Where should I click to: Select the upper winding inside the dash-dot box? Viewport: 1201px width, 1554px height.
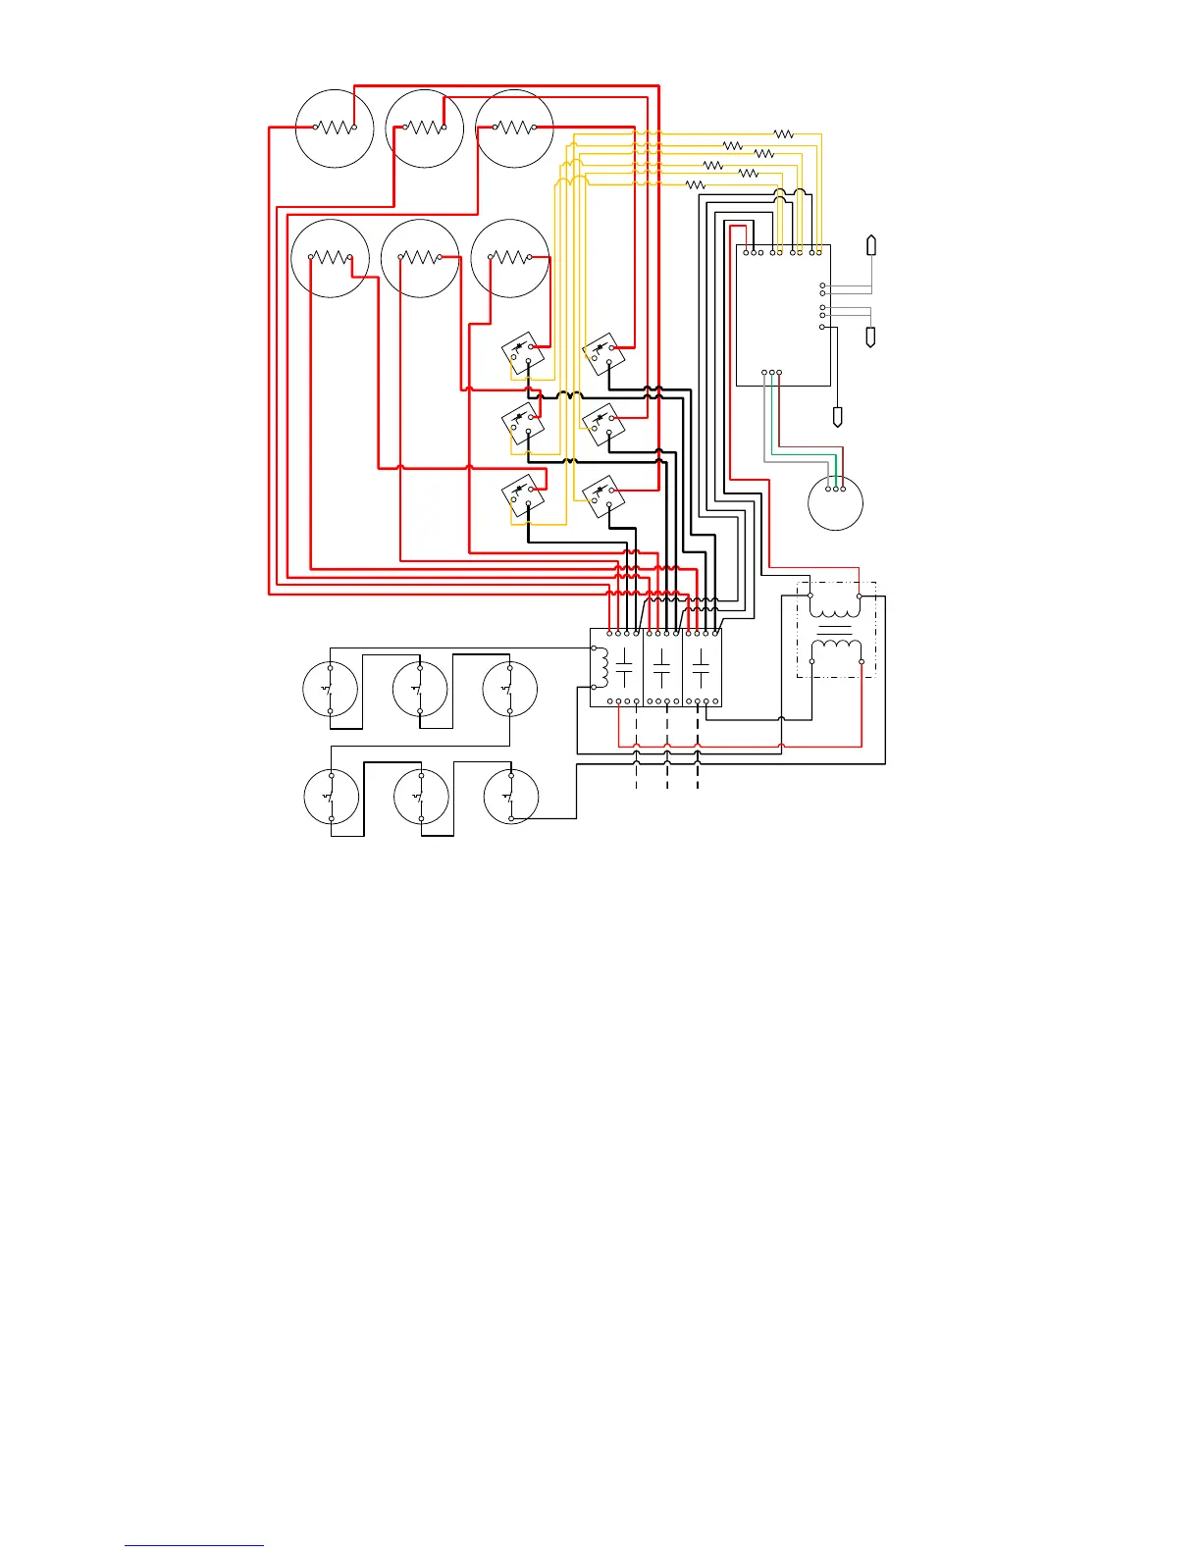[x=835, y=609]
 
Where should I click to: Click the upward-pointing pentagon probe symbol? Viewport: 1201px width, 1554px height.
[x=870, y=245]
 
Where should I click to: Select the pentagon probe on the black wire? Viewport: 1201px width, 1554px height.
[x=837, y=417]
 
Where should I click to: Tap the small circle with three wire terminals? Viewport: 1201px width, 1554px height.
[x=835, y=503]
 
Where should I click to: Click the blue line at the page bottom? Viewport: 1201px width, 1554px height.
[x=194, y=1545]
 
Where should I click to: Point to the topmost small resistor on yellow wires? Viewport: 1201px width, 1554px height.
[x=783, y=133]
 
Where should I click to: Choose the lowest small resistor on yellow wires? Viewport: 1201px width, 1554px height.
[x=695, y=184]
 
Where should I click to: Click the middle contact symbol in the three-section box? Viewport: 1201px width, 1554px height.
[x=662, y=668]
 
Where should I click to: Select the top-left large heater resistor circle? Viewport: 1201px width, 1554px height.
[x=335, y=129]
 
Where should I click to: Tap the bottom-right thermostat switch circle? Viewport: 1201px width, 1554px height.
[x=511, y=796]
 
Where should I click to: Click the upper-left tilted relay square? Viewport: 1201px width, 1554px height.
[x=520, y=352]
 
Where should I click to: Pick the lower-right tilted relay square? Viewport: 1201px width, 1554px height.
[x=601, y=495]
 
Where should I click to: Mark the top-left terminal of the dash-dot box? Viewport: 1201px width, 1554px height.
[x=810, y=596]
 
